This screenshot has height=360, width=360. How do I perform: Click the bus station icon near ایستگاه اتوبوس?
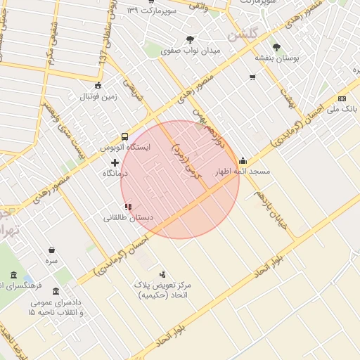coord(124,136)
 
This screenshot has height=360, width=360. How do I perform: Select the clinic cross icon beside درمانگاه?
coord(115,162)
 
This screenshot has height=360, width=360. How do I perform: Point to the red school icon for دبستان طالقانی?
coord(127,207)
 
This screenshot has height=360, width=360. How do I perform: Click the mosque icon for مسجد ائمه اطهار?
coord(243,160)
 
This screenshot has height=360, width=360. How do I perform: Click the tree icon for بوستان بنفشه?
coord(276,47)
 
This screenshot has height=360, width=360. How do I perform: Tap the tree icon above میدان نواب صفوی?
coord(190,39)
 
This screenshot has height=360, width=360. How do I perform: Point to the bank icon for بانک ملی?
coord(342,98)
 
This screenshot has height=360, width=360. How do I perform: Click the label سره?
coord(51,261)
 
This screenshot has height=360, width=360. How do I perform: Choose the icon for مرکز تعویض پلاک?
coord(163,274)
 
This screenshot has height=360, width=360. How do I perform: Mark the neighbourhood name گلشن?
coord(247,33)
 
